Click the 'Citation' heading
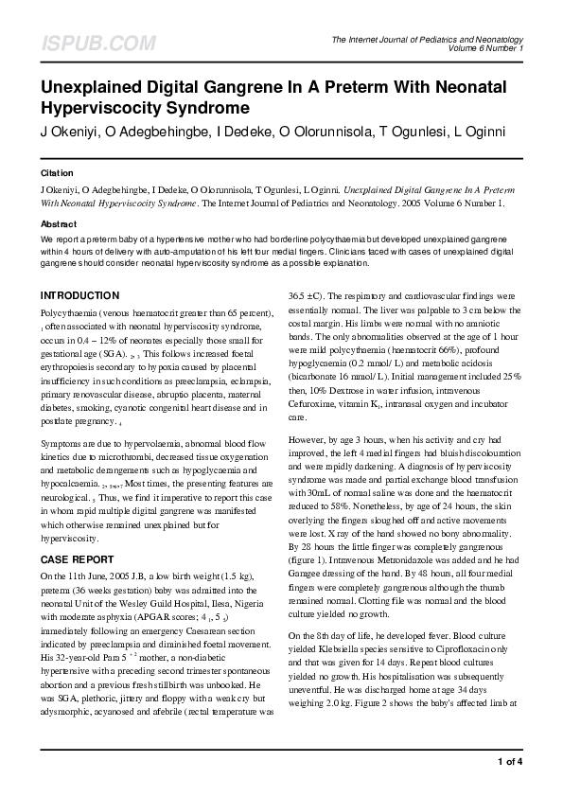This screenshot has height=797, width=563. (57, 174)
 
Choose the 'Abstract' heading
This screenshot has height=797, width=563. (59, 223)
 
